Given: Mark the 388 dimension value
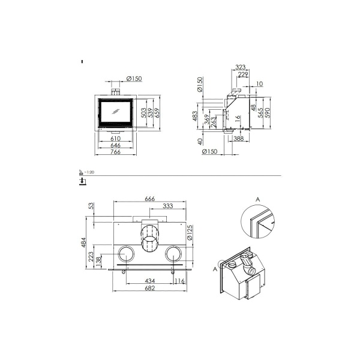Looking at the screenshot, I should click(x=238, y=139).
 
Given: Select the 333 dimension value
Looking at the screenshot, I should click(x=169, y=207).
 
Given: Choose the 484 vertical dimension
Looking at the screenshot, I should click(x=85, y=243).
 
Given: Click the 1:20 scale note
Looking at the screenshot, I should click(x=91, y=172).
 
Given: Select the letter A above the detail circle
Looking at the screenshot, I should click(x=257, y=197).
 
